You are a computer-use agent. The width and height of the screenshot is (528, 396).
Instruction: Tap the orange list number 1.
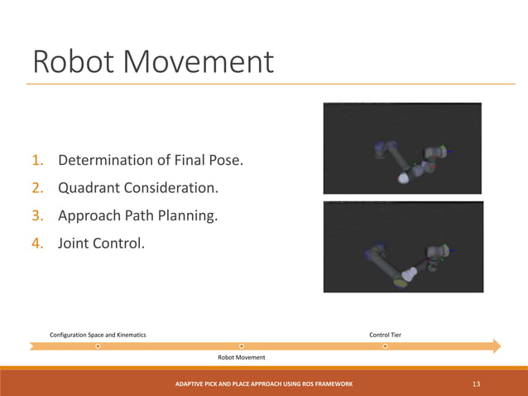pyautogui.click(x=38, y=160)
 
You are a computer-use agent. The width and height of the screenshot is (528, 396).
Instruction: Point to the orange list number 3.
pyautogui.click(x=38, y=216)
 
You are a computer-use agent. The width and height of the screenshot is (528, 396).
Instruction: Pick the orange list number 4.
pyautogui.click(x=38, y=244)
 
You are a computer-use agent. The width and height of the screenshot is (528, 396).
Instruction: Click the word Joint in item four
pyautogui.click(x=75, y=244)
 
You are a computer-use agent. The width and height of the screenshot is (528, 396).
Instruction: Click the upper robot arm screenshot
pyautogui.click(x=402, y=147)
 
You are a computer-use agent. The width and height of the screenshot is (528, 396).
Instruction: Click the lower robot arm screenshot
pyautogui.click(x=402, y=246)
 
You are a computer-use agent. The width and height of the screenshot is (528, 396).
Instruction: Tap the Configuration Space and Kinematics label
pyautogui.click(x=98, y=335)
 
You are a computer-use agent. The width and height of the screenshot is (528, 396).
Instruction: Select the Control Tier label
pyautogui.click(x=385, y=335)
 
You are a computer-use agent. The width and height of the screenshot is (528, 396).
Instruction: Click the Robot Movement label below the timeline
pyautogui.click(x=241, y=357)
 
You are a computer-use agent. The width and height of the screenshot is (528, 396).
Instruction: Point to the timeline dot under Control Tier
pyautogui.click(x=385, y=345)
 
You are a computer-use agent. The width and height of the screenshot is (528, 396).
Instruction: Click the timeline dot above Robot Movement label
pyautogui.click(x=241, y=345)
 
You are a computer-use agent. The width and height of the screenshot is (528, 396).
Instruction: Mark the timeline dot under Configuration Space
pyautogui.click(x=98, y=345)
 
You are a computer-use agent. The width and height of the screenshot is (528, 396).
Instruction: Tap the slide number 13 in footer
pyautogui.click(x=476, y=384)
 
